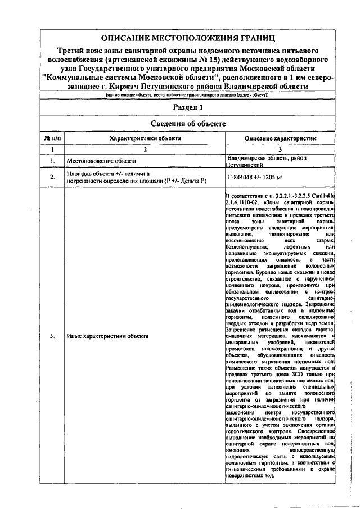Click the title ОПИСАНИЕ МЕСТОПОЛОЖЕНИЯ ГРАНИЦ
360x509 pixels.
coord(188,38)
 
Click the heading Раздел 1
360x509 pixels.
coord(188,107)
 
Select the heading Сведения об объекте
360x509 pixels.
coord(188,123)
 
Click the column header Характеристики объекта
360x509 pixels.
coord(145,137)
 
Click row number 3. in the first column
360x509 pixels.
coord(52,336)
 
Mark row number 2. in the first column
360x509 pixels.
coord(52,178)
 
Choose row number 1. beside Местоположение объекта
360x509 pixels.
coord(52,161)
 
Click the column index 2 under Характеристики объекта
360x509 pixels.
coord(145,149)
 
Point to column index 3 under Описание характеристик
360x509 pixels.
coord(280,149)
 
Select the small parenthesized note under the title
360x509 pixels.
coord(188,96)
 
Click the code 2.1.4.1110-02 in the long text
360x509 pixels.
coord(242,200)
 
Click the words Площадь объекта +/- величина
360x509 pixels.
coord(106,174)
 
